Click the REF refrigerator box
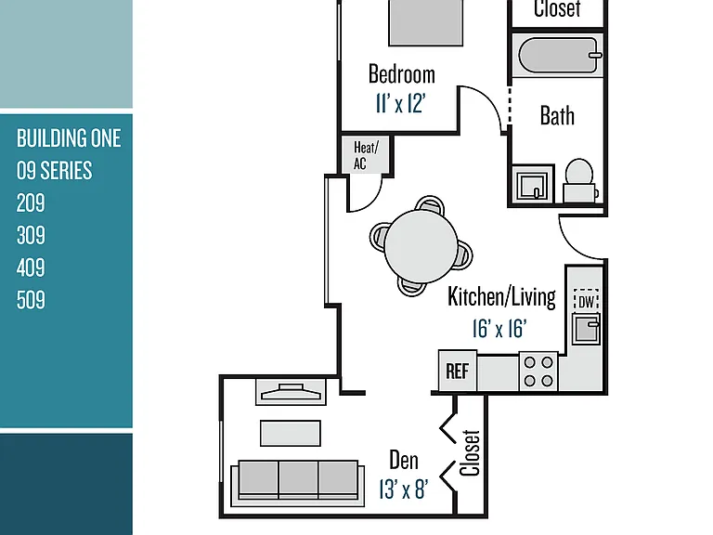click(x=458, y=371)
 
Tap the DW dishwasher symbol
click(x=586, y=301)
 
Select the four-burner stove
click(x=538, y=372)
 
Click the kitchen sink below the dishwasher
click(x=586, y=329)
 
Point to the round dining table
click(x=421, y=246)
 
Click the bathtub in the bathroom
click(x=558, y=56)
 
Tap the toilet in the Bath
click(x=579, y=180)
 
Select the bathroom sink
click(x=533, y=184)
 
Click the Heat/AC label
click(x=366, y=155)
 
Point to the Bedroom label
click(x=401, y=74)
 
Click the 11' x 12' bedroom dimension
click(x=400, y=103)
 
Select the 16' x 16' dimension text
click(x=499, y=329)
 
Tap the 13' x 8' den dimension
click(x=403, y=489)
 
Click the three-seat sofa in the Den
click(x=298, y=483)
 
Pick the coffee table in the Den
click(x=291, y=433)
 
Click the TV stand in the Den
click(x=291, y=392)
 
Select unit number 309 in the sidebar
click(x=31, y=235)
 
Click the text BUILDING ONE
click(x=69, y=138)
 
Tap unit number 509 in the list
click(x=31, y=300)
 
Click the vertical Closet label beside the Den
click(x=470, y=452)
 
